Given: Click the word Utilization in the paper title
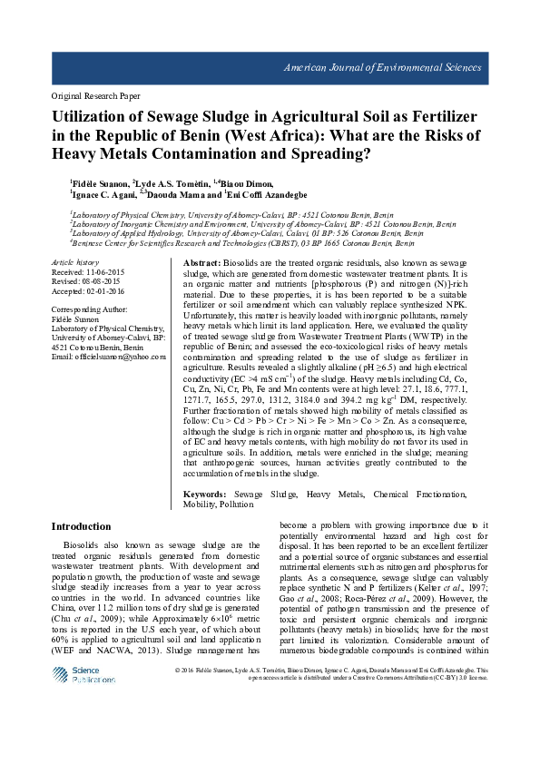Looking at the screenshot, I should (99, 118).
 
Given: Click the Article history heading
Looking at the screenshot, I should (75, 261).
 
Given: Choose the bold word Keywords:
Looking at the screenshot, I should (208, 494).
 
